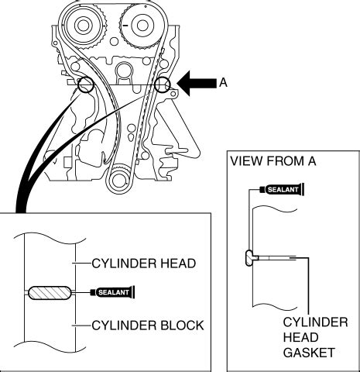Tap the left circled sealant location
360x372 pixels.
[x=84, y=84]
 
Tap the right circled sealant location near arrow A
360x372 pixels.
[x=162, y=85]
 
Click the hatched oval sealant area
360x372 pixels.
[x=49, y=293]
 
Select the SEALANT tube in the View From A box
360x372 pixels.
[x=283, y=188]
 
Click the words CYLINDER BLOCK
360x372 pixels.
[x=148, y=325]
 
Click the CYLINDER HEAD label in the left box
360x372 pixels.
[x=144, y=263]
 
